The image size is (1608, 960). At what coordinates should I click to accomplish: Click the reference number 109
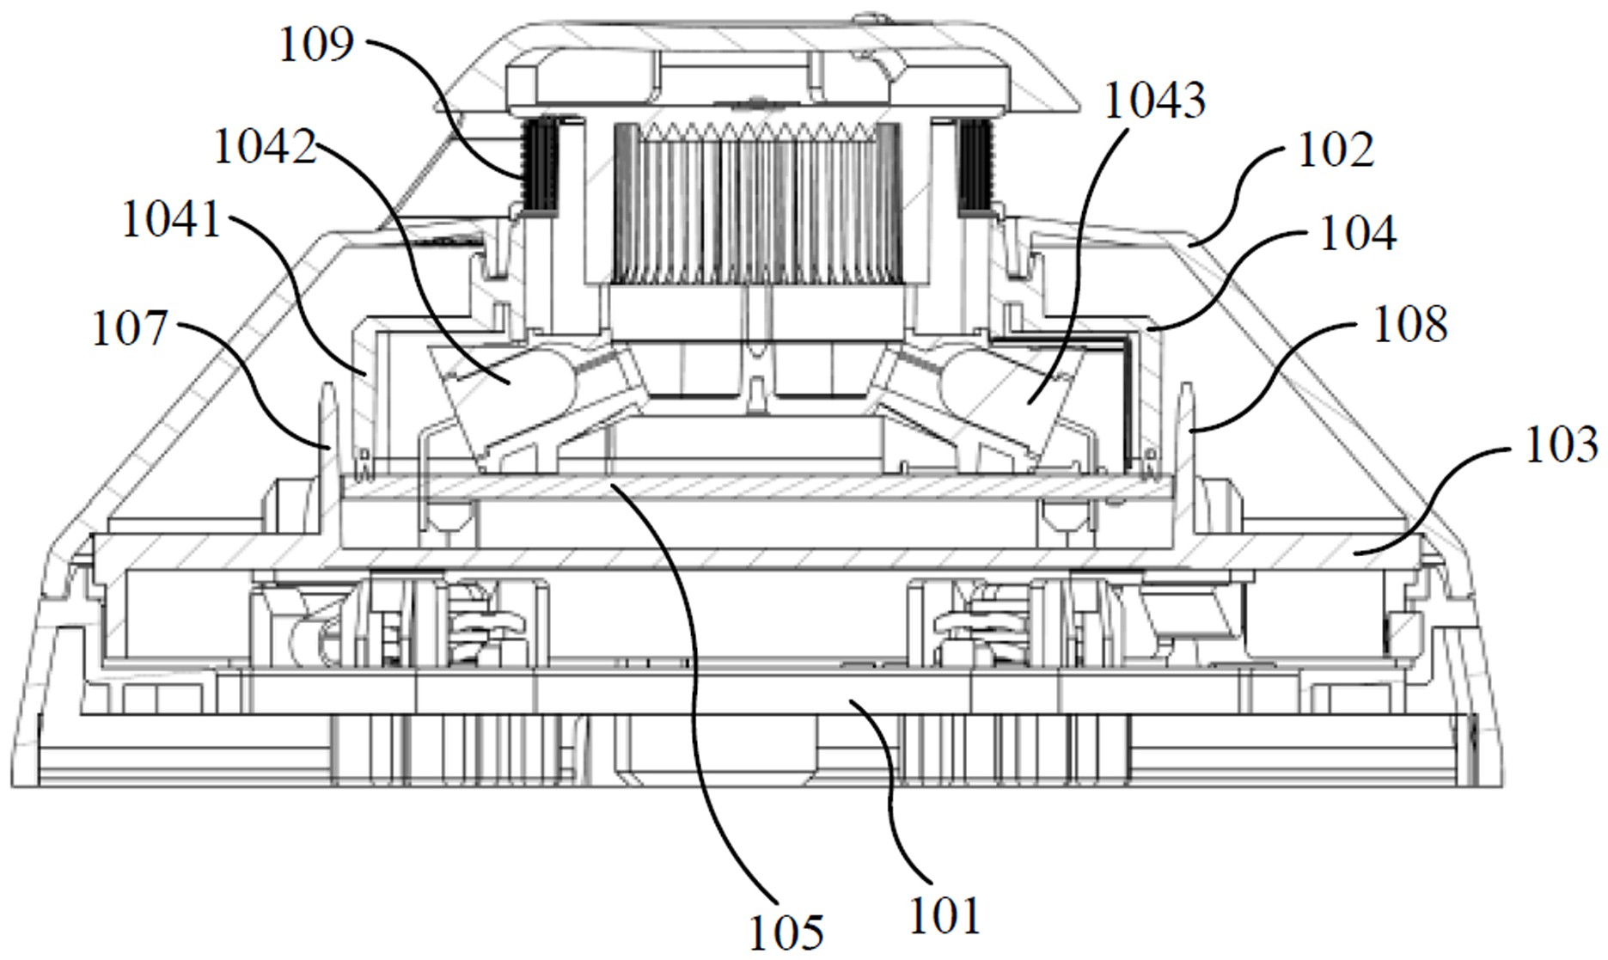tap(315, 44)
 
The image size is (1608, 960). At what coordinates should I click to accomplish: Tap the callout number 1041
tap(172, 219)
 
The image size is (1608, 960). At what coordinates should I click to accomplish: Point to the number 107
tap(130, 328)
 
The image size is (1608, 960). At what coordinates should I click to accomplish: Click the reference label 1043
tap(1155, 101)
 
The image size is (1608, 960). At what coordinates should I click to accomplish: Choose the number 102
tap(1336, 150)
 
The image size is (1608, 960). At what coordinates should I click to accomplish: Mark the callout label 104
tap(1358, 233)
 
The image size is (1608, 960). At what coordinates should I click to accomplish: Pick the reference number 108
tap(1410, 325)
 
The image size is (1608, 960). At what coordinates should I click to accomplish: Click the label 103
tap(1562, 445)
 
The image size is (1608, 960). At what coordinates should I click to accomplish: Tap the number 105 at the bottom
tap(786, 932)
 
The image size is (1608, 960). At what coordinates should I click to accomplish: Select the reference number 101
tap(945, 915)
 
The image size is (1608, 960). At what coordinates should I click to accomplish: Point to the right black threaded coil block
tap(975, 166)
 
